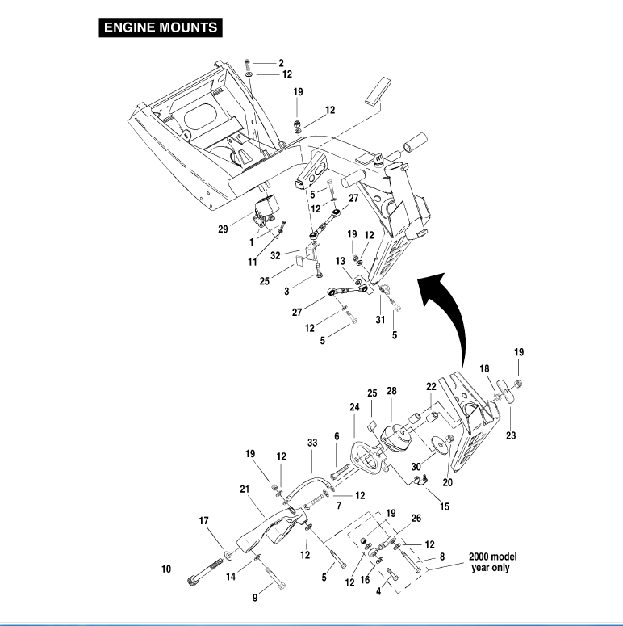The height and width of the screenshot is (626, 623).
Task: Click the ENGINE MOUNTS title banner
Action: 161,27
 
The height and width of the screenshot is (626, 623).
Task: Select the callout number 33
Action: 312,443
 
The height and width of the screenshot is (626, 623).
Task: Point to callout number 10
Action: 167,569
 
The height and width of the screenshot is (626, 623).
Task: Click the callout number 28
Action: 391,391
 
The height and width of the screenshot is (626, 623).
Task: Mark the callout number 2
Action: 281,62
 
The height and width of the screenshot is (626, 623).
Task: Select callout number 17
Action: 203,522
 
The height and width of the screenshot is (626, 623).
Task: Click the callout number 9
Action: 256,598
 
